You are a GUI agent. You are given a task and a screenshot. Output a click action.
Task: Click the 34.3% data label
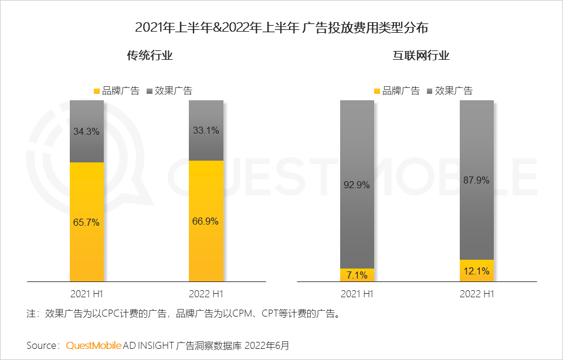pyautogui.click(x=86, y=132)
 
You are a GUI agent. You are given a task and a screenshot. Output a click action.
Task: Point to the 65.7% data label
pyautogui.click(x=86, y=222)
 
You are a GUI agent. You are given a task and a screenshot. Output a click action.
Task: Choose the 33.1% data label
pyautogui.click(x=206, y=131)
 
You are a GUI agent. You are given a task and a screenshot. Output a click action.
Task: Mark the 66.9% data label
pyautogui.click(x=206, y=221)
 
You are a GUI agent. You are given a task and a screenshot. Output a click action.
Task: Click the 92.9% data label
pyautogui.click(x=357, y=185)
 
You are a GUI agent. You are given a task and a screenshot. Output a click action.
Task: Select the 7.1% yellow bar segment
pyautogui.click(x=357, y=275)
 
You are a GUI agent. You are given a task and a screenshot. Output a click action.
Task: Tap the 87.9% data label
pyautogui.click(x=476, y=180)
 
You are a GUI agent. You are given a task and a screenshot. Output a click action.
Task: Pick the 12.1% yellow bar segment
pyautogui.click(x=476, y=271)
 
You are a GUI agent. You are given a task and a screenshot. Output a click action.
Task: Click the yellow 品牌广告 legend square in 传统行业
pyautogui.click(x=97, y=91)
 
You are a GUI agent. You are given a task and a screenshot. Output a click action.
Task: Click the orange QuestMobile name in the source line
pyautogui.click(x=94, y=345)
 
